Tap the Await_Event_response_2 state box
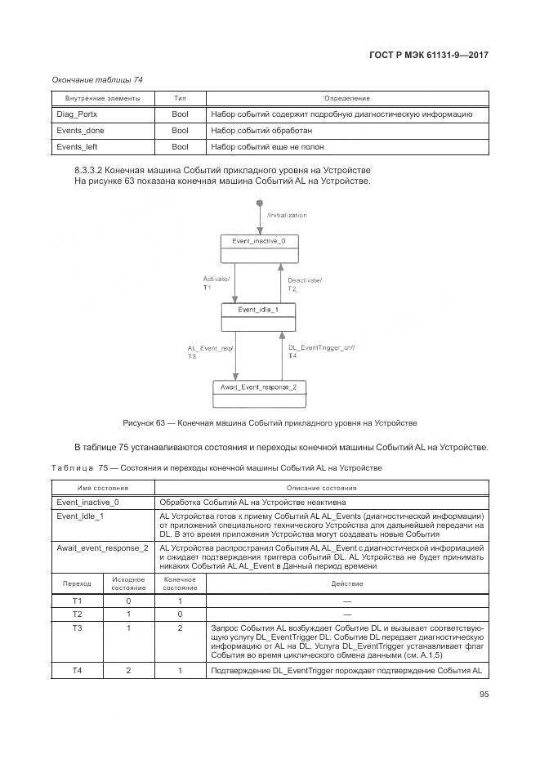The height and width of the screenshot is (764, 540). point(259,393)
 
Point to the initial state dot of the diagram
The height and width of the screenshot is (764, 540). point(259,202)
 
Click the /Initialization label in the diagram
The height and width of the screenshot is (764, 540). point(287,215)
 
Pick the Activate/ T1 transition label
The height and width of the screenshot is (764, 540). point(216,284)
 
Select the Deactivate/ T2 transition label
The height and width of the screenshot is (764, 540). point(305,284)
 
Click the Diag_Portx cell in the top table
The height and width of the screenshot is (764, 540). point(77,114)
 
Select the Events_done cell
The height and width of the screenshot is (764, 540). point(80,131)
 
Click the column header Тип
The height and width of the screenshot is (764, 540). point(180,98)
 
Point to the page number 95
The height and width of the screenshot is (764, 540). point(484,695)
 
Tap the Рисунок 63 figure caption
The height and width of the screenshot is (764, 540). point(270,422)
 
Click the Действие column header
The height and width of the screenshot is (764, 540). point(346,583)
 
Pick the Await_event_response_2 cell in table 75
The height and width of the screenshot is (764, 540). point(102,547)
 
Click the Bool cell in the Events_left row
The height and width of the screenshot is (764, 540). point(180,147)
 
